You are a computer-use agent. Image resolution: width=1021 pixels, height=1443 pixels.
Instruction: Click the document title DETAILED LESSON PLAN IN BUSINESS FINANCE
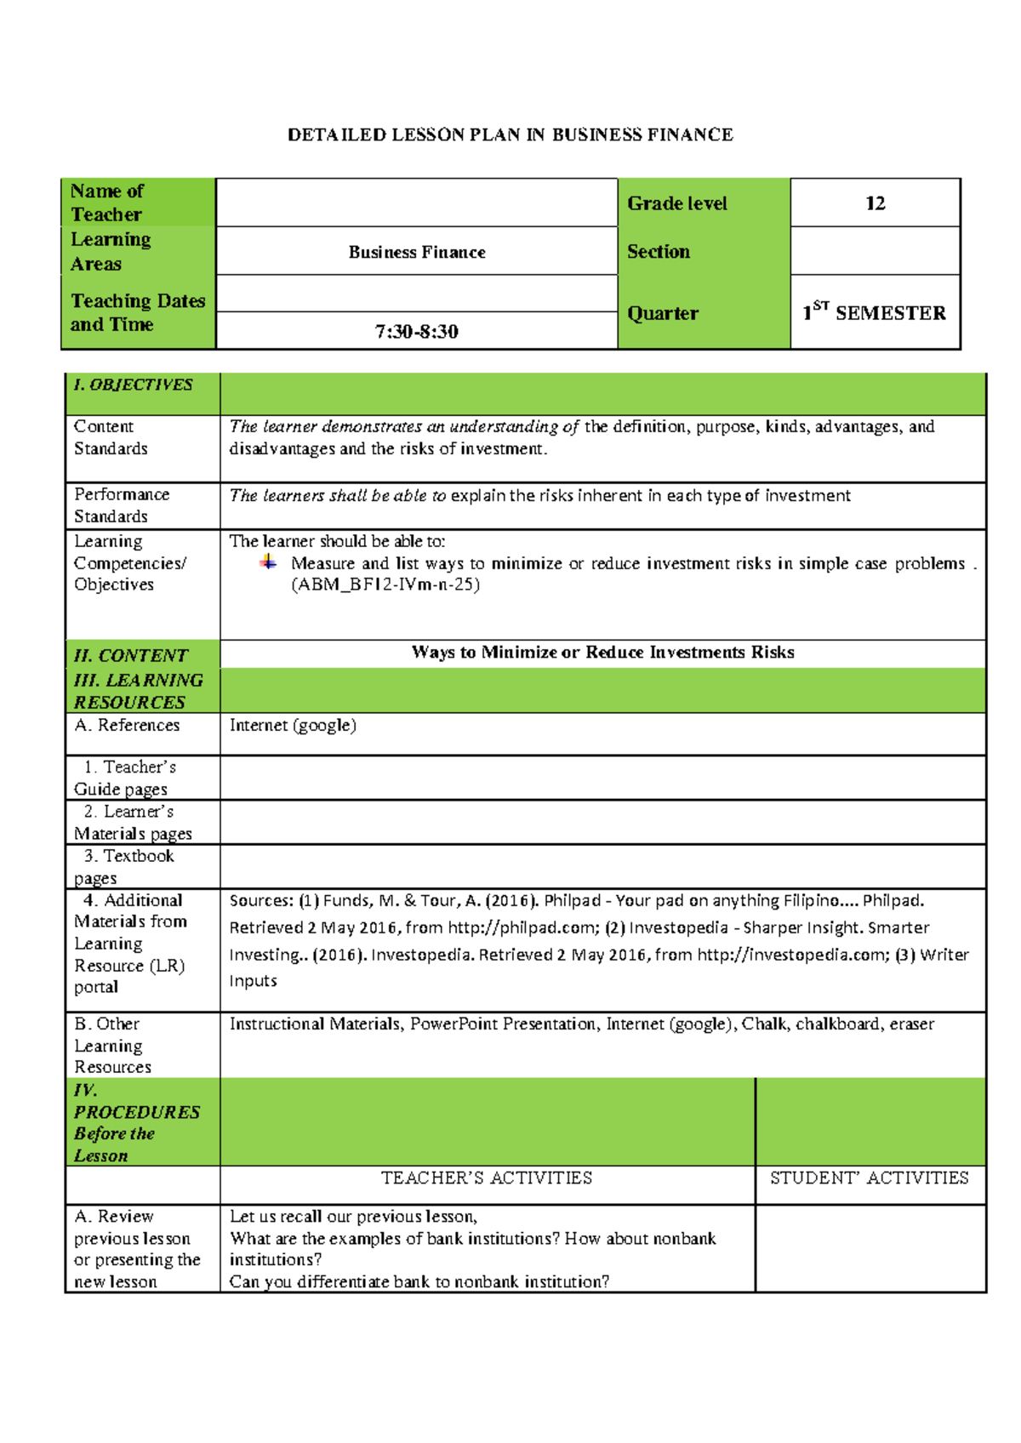point(510,134)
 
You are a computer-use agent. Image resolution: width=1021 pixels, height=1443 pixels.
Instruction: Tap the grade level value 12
point(875,203)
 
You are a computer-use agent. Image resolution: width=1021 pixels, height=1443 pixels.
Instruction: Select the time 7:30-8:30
point(416,332)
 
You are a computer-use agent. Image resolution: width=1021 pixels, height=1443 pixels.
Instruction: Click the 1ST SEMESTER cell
point(875,312)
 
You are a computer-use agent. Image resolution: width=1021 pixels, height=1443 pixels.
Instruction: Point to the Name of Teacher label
point(107,202)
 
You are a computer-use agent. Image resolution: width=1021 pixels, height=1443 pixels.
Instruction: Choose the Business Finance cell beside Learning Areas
point(416,252)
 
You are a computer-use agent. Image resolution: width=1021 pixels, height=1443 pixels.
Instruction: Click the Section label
point(659,252)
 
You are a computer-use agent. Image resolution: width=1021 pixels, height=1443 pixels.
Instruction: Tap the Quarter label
point(662,313)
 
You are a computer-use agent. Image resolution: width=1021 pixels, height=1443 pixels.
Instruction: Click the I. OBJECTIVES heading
point(134,385)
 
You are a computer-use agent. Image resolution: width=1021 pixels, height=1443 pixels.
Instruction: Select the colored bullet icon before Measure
point(268,562)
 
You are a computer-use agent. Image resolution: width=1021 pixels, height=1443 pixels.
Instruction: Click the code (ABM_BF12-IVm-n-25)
point(385,585)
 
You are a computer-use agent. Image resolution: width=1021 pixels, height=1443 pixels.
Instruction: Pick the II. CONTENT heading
point(131,655)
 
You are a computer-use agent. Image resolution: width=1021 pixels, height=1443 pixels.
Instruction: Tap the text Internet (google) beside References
point(293,725)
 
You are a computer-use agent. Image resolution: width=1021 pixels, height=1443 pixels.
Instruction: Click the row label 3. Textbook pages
point(128,866)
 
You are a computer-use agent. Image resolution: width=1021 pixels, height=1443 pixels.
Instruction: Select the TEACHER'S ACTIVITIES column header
point(487,1178)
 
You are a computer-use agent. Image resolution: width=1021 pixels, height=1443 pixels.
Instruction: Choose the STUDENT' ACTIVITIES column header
point(869,1178)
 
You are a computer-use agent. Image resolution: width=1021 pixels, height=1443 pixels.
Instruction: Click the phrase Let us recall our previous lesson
point(352,1217)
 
